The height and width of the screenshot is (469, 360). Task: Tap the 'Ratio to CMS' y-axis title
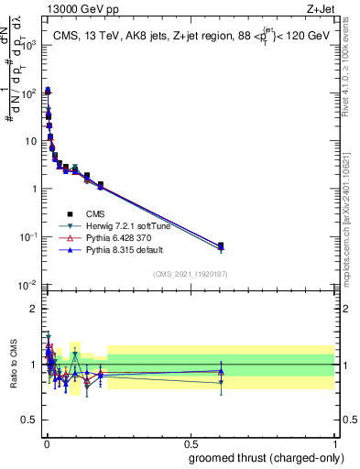pyautogui.click(x=13, y=365)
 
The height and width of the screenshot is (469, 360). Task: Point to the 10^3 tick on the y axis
pyautogui.click(x=32, y=45)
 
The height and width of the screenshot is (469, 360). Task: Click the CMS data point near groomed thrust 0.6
pyautogui.click(x=221, y=245)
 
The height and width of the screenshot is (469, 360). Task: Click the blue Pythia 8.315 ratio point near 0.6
pyautogui.click(x=221, y=371)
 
